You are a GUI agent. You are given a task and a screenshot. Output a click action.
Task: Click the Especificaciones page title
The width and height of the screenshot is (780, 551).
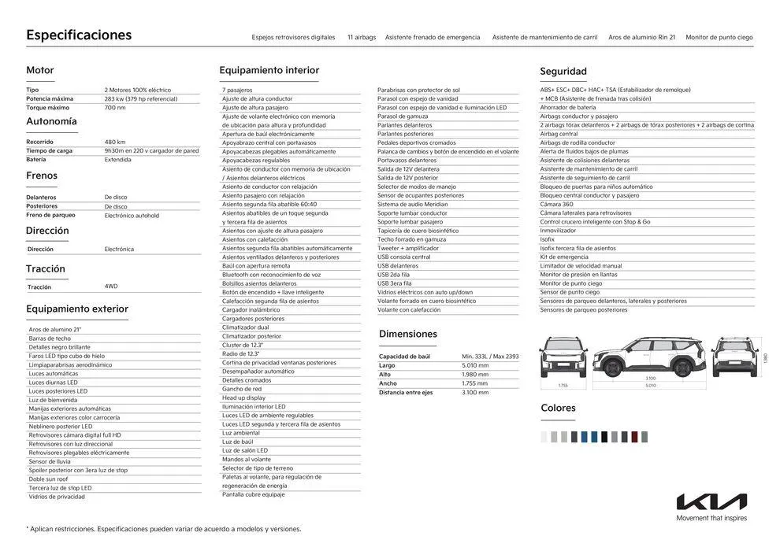(x=79, y=35)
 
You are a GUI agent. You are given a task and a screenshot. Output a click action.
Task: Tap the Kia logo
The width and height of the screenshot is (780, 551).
(x=711, y=501)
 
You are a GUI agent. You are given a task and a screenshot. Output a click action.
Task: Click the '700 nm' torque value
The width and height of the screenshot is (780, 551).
(x=115, y=108)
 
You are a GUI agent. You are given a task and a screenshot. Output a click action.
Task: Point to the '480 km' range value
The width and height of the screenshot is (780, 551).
(x=115, y=142)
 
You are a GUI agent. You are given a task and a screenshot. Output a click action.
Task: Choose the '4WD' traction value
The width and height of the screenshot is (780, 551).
(x=111, y=287)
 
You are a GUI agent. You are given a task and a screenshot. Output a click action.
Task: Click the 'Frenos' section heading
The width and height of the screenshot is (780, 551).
(x=42, y=176)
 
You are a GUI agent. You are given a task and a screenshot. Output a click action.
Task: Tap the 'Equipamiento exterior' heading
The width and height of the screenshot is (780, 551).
(x=76, y=309)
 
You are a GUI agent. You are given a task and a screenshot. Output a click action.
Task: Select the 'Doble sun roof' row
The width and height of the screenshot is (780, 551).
(x=48, y=479)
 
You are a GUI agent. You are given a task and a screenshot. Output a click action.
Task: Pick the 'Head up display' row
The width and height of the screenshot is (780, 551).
(x=243, y=398)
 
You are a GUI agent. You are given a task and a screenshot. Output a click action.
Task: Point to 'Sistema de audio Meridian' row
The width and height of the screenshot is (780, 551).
(x=412, y=204)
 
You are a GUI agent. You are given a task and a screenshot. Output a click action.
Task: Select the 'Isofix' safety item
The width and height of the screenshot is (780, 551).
(x=548, y=239)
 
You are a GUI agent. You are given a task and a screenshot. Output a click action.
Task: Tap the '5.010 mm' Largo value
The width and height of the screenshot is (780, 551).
(x=475, y=365)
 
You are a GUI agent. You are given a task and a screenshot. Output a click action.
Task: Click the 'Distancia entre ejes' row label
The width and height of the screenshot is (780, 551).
(x=406, y=392)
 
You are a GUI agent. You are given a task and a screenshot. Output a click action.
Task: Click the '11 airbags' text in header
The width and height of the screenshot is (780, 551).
(x=362, y=37)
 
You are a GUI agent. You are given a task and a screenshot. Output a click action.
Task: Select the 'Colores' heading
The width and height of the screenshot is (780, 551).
(x=558, y=408)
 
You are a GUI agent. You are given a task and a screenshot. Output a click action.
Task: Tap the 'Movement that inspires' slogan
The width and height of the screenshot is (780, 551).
(x=711, y=518)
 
